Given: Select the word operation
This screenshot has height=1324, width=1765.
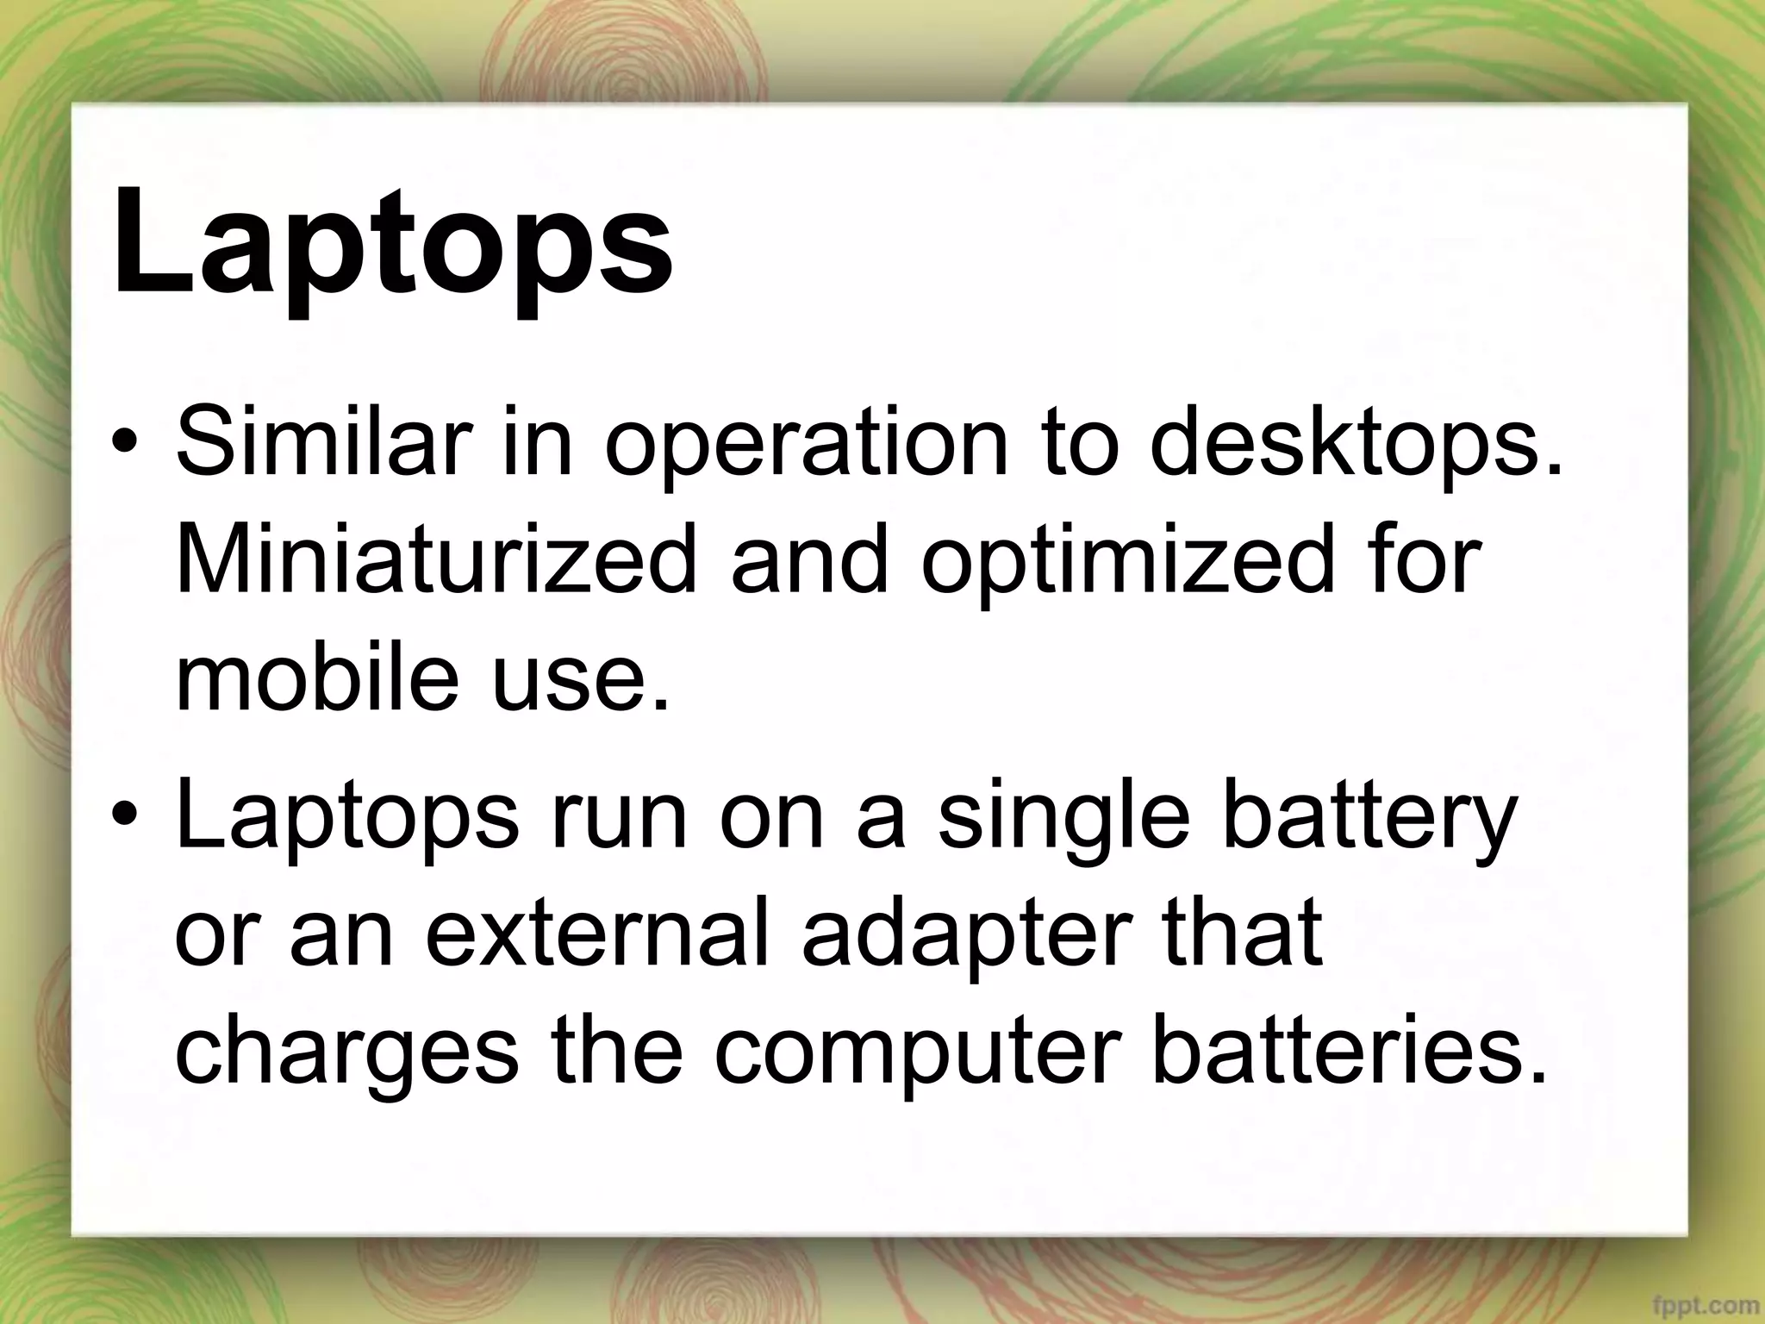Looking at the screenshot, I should tap(806, 447).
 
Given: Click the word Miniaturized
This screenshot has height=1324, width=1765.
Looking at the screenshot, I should tap(434, 561).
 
